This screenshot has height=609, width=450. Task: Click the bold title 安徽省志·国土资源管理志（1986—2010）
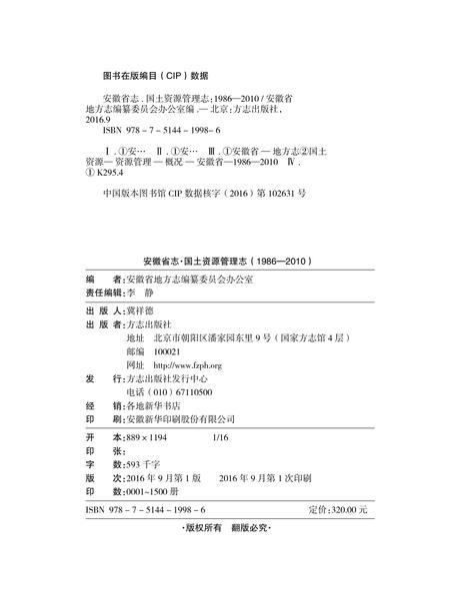tap(225, 262)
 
